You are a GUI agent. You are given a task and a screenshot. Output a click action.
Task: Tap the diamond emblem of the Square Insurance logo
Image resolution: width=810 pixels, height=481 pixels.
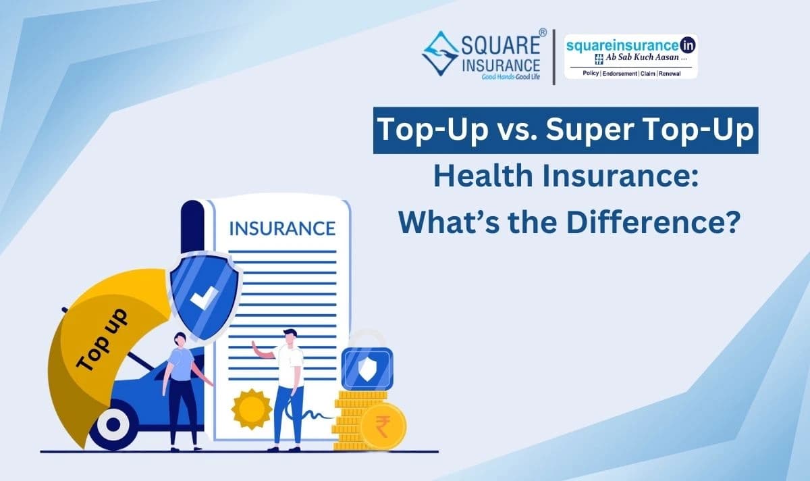(440, 53)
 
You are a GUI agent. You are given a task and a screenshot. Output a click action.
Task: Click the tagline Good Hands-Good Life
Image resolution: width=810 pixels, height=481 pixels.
(510, 77)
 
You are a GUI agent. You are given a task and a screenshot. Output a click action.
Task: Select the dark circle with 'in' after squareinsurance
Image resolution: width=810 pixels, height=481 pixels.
(687, 45)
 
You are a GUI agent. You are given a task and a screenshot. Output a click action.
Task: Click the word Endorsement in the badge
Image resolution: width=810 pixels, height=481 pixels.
(620, 74)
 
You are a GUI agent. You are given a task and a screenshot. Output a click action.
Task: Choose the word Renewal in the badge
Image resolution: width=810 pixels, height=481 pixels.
(670, 74)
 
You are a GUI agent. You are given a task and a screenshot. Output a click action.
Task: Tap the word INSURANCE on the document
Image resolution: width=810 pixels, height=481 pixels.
(282, 228)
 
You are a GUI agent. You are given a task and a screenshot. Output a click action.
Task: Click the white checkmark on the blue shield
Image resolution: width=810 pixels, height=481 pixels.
(204, 297)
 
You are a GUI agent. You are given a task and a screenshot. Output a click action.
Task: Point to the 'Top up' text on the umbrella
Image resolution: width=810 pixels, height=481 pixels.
(102, 340)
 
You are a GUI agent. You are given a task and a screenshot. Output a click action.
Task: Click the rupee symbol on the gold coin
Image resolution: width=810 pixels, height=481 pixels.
(383, 427)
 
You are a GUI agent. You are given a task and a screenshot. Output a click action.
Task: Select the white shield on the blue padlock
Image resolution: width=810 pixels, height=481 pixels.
(367, 369)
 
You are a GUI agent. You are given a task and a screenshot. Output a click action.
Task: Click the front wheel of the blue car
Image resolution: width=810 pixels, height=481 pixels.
(113, 424)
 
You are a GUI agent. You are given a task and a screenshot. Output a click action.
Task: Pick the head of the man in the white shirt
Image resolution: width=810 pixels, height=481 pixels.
(290, 336)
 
